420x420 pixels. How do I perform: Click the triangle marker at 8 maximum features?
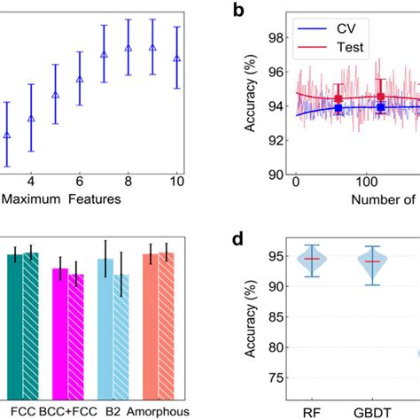point(128,47)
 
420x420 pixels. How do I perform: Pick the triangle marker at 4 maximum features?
point(31,118)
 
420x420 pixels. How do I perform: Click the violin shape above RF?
point(311,260)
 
